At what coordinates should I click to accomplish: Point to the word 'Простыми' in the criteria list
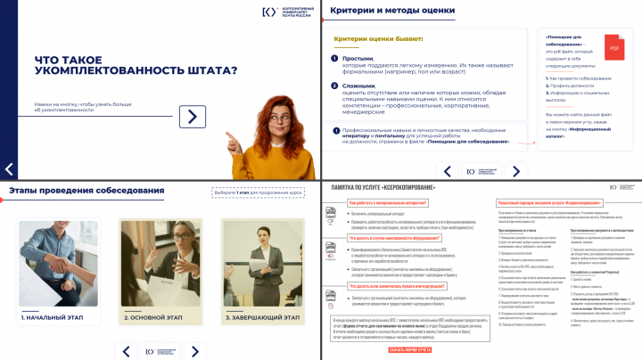tap(350, 57)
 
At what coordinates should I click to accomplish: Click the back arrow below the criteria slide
tap(449, 169)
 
